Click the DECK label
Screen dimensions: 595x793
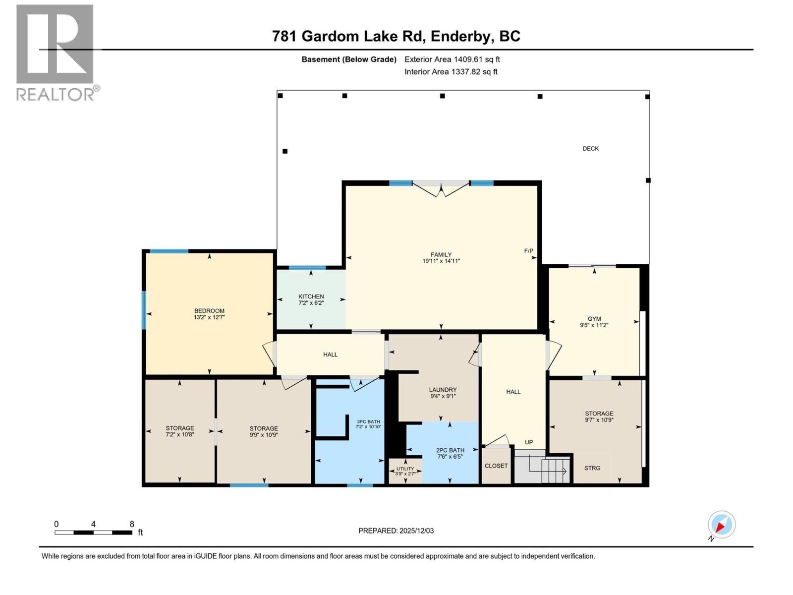[590, 148]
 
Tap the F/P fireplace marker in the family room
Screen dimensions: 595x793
[528, 251]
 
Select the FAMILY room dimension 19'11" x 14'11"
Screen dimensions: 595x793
[441, 261]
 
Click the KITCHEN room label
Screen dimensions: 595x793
[311, 297]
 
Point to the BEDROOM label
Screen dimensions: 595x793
[209, 311]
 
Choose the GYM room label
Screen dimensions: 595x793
[594, 319]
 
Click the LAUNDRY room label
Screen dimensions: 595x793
[443, 390]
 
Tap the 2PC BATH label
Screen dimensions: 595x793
[450, 450]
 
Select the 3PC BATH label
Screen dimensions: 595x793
[368, 421]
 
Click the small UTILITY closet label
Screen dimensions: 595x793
[405, 469]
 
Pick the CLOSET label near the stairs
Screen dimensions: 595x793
[496, 466]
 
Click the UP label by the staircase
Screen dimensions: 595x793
[529, 442]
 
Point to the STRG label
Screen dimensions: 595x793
[592, 468]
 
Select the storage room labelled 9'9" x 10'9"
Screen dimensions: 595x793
[264, 431]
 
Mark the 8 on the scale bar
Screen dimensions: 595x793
[132, 524]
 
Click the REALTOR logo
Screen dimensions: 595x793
[56, 52]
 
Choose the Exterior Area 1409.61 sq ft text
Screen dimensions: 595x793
[452, 59]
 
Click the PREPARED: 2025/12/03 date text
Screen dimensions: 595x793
[396, 531]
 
